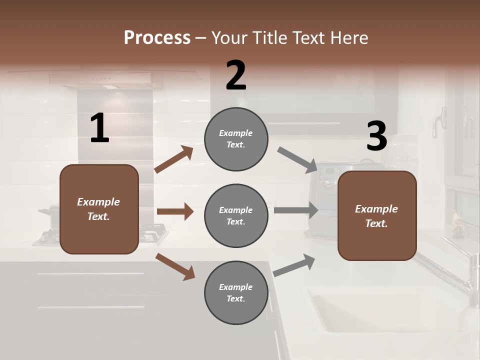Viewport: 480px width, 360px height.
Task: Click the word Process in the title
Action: pos(157,38)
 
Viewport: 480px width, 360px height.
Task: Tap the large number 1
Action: pos(99,128)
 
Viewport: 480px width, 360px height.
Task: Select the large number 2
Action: pos(236,75)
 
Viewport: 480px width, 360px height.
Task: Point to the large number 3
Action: pos(376,136)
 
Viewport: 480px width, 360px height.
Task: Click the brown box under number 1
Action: pos(99,209)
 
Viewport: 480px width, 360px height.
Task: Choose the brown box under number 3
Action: pos(377,215)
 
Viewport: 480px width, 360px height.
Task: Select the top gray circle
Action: pos(236,139)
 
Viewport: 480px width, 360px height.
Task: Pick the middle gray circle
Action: pos(236,215)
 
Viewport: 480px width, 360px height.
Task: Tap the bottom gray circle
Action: pos(236,292)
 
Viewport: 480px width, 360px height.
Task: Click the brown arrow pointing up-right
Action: pos(174,159)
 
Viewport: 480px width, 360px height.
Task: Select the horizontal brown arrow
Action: pos(175,211)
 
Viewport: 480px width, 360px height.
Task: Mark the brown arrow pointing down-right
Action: pos(175,266)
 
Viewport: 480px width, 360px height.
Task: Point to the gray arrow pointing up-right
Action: pos(294,265)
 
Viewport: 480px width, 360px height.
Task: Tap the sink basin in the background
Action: pos(380,315)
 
